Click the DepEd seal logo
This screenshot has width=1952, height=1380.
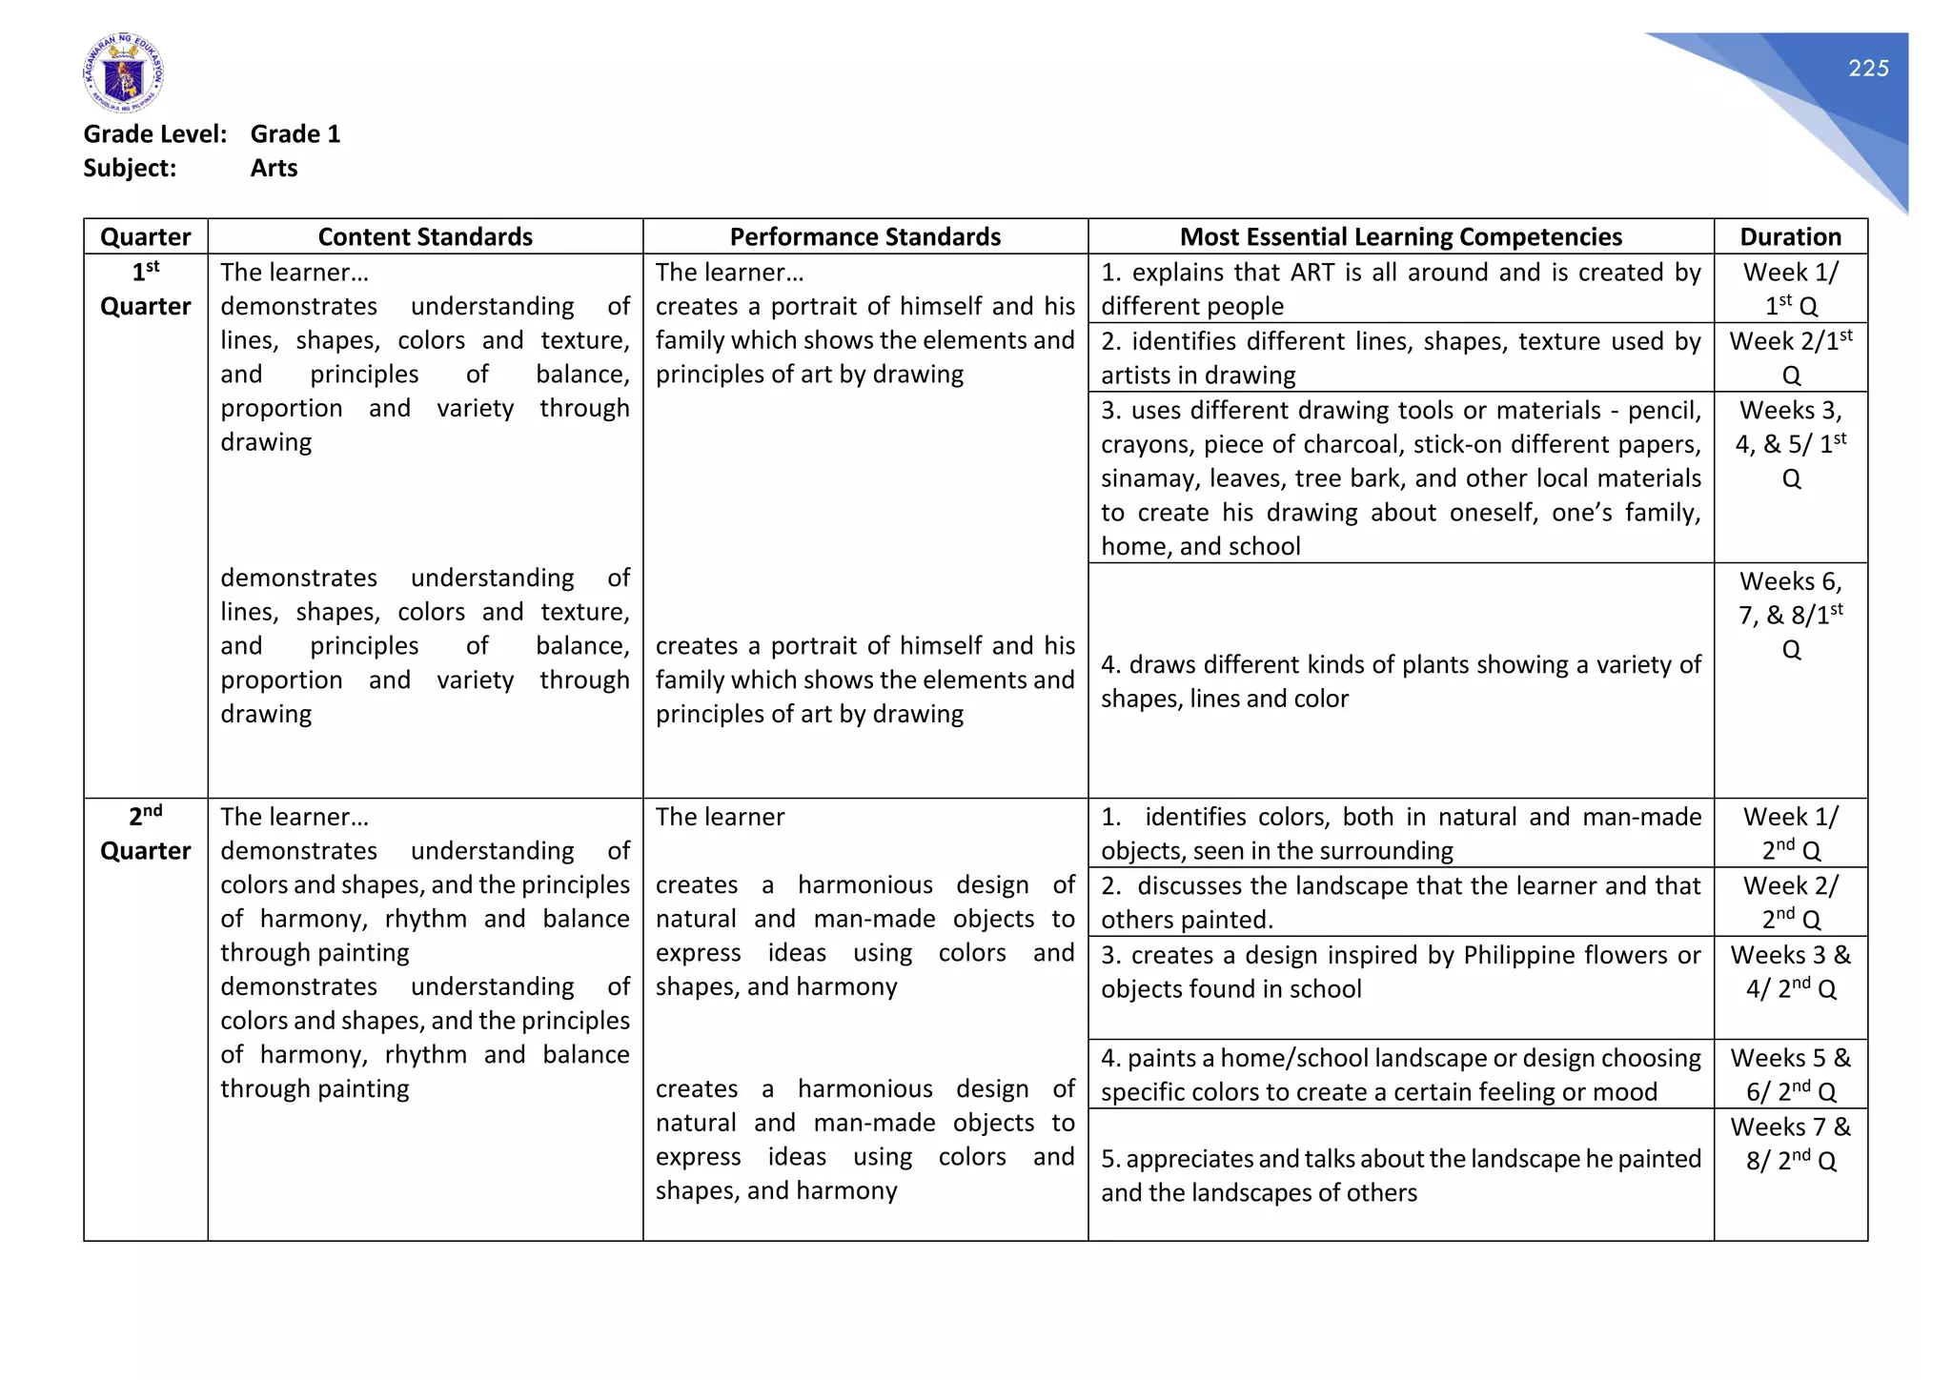pos(123,73)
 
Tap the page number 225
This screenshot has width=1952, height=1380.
pos(1867,69)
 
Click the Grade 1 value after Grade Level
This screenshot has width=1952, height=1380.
pos(295,134)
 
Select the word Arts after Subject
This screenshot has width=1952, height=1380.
pos(274,169)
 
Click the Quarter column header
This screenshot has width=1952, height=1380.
pos(145,236)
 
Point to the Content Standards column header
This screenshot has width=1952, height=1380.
pos(425,236)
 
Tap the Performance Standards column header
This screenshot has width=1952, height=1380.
pos(864,236)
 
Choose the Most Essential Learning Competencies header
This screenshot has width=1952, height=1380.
pos(1400,236)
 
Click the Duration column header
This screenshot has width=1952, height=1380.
pos(1790,236)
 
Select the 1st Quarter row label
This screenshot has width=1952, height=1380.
pos(145,290)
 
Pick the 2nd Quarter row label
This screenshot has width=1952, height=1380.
pos(145,834)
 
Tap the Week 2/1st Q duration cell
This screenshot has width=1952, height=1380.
pos(1790,357)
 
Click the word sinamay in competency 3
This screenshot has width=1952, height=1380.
pos(1137,478)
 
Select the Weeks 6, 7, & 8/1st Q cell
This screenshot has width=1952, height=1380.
pos(1790,615)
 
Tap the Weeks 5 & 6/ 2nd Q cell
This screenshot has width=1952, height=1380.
pos(1790,1074)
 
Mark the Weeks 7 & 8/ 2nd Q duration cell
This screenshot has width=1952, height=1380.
pos(1790,1144)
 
